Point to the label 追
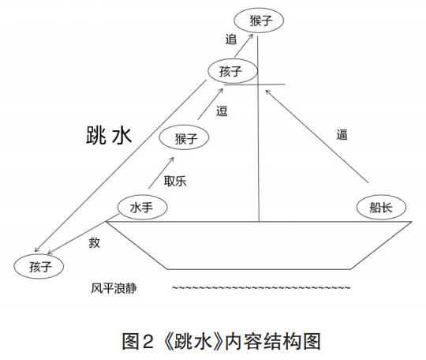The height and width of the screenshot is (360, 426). [x=231, y=39]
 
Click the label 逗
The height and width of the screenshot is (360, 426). [x=222, y=111]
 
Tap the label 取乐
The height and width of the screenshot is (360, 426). [x=175, y=181]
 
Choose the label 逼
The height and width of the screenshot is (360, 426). [x=342, y=134]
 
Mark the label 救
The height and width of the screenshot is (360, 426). [x=95, y=242]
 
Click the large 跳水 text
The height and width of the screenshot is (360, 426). [x=109, y=135]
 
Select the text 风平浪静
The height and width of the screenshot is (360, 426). [x=114, y=288]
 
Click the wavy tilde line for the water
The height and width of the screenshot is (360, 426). [x=261, y=287]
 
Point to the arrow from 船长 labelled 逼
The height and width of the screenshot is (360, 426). [x=317, y=137]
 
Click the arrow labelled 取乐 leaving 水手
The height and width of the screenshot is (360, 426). [x=161, y=173]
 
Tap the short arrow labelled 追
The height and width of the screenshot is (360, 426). [x=244, y=46]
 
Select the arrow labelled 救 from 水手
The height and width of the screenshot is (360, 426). [x=84, y=234]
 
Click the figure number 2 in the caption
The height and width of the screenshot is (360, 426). [x=148, y=342]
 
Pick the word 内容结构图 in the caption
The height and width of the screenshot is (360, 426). [x=273, y=342]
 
